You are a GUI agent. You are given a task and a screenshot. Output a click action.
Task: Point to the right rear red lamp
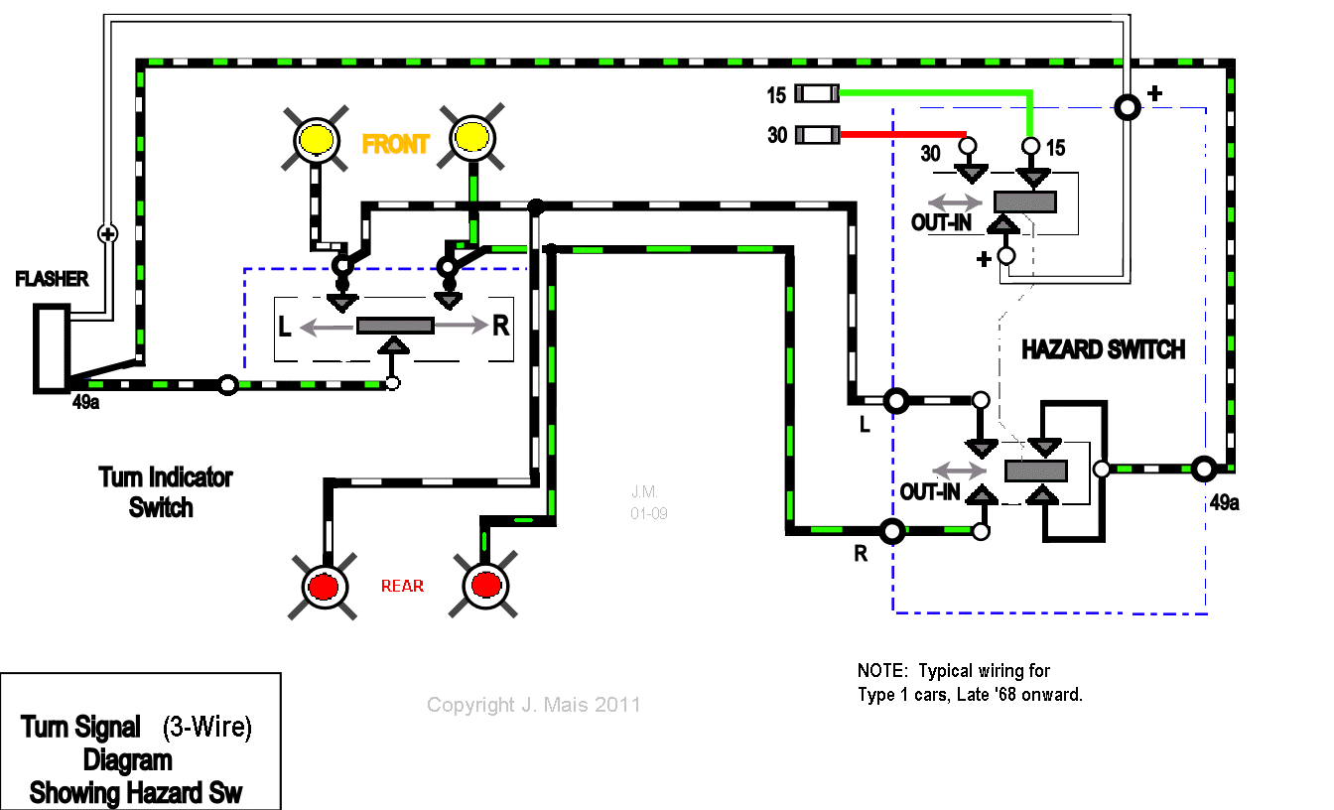(x=485, y=585)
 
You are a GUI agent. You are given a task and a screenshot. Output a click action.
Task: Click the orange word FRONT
(x=395, y=145)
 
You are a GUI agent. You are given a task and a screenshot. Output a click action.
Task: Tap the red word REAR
(x=402, y=587)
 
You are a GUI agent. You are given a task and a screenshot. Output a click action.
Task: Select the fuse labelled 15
(x=820, y=94)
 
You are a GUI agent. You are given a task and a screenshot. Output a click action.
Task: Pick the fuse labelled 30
(x=820, y=133)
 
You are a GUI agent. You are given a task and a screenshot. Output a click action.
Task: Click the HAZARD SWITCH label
(x=1103, y=349)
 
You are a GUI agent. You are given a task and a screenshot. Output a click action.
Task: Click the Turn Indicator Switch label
(x=165, y=492)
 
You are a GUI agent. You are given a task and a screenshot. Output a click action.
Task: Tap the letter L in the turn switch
(x=285, y=326)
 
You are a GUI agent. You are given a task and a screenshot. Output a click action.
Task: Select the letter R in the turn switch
(x=500, y=326)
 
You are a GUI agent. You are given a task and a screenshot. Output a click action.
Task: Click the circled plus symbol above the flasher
(x=107, y=234)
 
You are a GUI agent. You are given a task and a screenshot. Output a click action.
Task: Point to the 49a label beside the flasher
(x=85, y=404)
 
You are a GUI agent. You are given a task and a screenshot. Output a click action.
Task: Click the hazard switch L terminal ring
(x=896, y=401)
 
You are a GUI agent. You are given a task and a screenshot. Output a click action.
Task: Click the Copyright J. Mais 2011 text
(x=533, y=705)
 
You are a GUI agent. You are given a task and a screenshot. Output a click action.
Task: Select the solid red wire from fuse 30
(x=903, y=133)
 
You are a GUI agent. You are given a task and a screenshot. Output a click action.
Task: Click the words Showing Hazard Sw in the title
(x=136, y=793)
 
